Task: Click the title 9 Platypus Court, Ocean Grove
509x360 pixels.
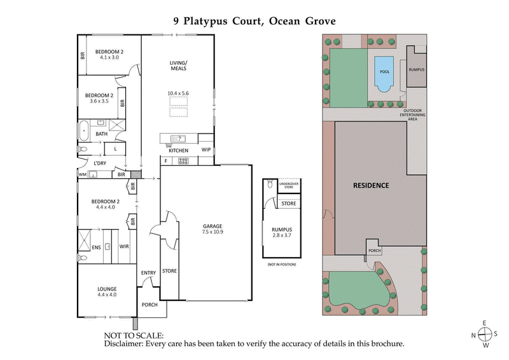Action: point(254,20)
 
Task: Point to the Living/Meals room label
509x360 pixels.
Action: point(178,66)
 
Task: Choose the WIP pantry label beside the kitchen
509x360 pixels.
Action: point(206,149)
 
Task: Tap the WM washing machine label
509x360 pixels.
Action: point(83,174)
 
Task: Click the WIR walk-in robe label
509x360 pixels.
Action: point(124,246)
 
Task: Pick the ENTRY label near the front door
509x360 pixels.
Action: point(148,273)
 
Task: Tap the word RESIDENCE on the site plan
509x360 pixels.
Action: point(371,186)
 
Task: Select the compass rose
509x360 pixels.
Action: point(485,335)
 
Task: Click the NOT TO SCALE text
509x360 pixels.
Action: point(134,335)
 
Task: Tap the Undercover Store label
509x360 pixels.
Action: point(289,185)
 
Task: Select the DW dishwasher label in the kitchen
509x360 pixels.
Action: point(169,146)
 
